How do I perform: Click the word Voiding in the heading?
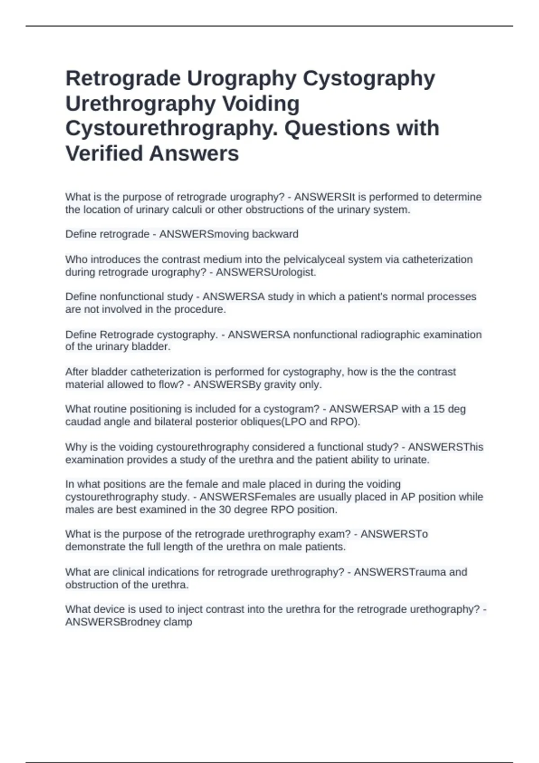[261, 104]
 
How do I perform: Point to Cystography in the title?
[369, 79]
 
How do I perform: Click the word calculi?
[187, 210]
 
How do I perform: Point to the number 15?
[438, 409]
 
